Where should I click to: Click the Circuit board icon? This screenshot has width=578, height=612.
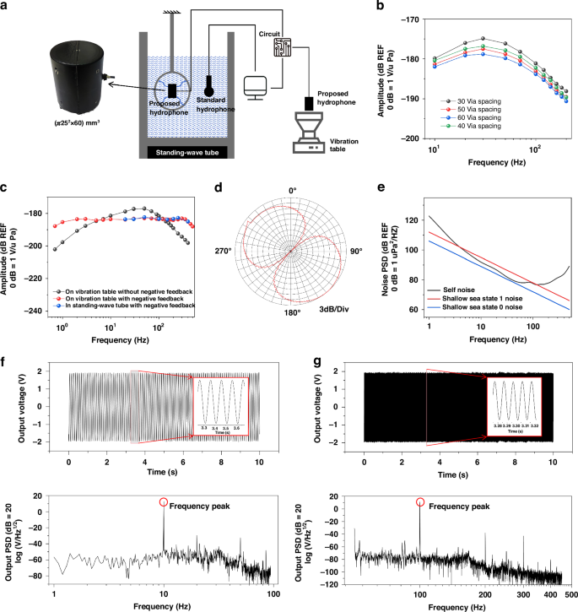[x=283, y=48]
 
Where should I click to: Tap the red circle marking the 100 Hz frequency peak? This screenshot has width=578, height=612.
[x=420, y=502]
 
